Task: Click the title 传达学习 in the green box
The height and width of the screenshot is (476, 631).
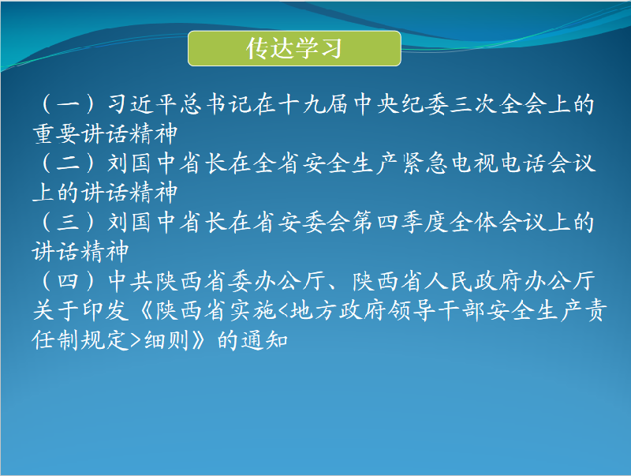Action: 294,48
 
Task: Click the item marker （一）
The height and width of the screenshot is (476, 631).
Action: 68,104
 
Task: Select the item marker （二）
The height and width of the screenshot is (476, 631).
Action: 68,163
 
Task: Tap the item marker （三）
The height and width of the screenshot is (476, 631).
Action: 68,222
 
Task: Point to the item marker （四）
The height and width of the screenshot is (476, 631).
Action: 68,281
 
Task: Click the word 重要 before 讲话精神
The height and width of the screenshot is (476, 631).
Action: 56,133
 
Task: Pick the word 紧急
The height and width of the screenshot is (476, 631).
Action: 425,163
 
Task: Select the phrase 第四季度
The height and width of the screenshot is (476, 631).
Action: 400,222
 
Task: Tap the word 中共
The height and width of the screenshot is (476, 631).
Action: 131,281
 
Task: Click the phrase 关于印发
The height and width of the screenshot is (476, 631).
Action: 80,310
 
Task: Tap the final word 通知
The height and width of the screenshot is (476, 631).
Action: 264,340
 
